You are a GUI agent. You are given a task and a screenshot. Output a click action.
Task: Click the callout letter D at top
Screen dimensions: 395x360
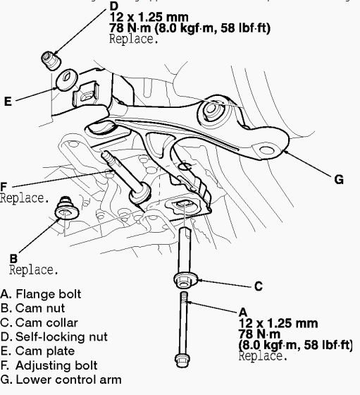(x=114, y=7)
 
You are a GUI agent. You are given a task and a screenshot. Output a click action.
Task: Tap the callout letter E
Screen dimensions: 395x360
(x=8, y=102)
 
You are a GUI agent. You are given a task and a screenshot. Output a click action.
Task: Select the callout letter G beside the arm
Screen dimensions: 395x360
(x=338, y=180)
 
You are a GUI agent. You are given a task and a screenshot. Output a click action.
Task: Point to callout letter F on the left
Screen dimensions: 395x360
(x=4, y=187)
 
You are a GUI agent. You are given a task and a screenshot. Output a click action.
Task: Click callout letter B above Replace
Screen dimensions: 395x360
(x=13, y=258)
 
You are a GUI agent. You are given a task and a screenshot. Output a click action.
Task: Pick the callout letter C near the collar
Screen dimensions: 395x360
(x=258, y=286)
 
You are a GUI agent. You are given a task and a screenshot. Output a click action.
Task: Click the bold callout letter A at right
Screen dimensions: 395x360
(x=243, y=311)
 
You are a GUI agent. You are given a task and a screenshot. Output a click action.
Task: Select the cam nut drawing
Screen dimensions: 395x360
(x=66, y=208)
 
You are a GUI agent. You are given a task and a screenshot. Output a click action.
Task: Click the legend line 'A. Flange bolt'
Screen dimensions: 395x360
(x=41, y=293)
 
